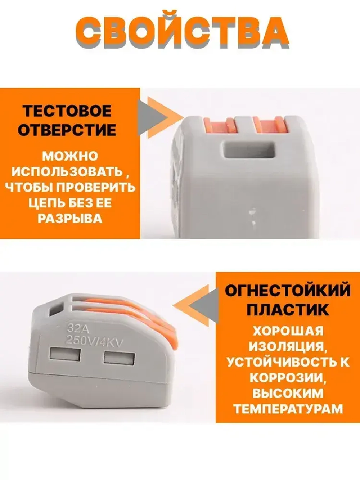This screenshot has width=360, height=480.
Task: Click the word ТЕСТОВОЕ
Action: [67, 111]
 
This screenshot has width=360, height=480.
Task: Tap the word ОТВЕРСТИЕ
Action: [67, 130]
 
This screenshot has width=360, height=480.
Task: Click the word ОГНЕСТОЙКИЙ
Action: [288, 291]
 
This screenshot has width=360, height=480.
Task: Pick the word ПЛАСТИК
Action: [288, 310]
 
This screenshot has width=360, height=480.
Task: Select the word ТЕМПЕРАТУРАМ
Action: [288, 409]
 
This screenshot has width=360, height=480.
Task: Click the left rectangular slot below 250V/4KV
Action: [65, 355]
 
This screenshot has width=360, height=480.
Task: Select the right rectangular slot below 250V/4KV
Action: [119, 358]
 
